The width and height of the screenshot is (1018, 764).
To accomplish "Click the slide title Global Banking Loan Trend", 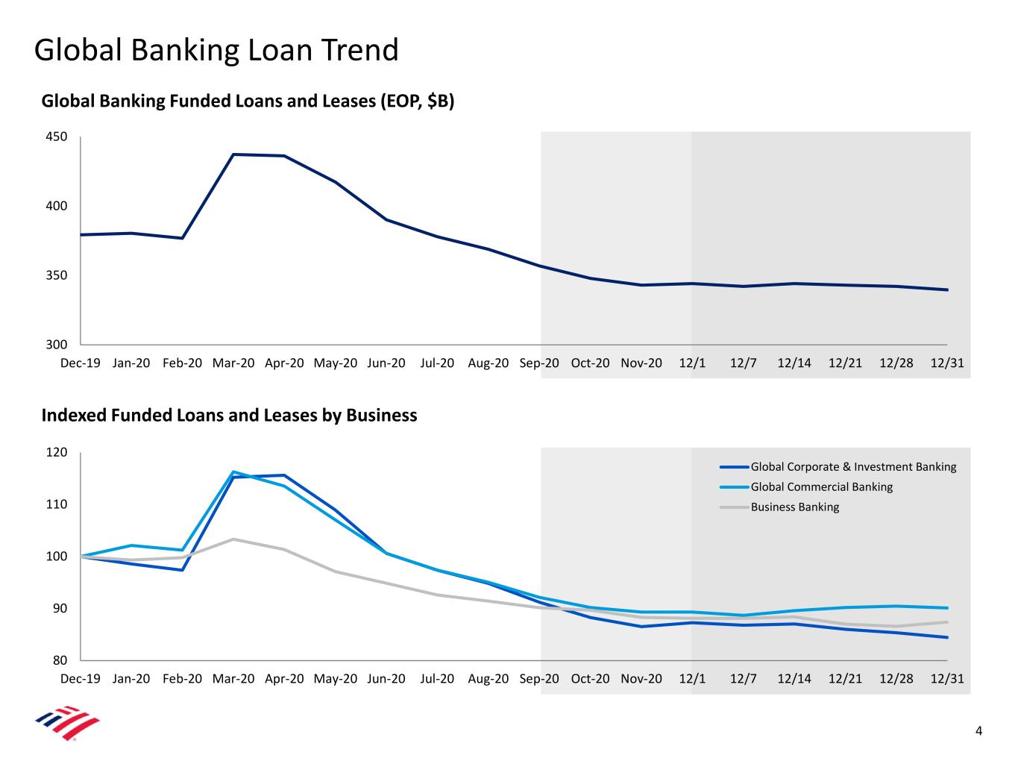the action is (216, 50).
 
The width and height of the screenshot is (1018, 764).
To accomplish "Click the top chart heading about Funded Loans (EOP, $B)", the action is (248, 101).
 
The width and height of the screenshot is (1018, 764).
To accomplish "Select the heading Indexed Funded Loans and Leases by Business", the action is (229, 415).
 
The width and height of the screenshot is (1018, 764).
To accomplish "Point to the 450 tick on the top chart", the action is (56, 137).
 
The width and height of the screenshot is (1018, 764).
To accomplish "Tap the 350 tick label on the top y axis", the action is (56, 275).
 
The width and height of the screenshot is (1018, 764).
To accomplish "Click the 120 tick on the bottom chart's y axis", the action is (56, 452).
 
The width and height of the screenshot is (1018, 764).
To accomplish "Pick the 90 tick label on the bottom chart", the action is (60, 608).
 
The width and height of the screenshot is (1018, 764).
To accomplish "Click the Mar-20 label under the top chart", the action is (233, 363).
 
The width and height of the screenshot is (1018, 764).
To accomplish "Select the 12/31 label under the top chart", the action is (947, 363).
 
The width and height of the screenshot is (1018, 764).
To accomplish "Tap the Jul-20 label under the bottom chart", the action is (437, 679).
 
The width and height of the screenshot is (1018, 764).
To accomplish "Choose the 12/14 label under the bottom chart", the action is (794, 679).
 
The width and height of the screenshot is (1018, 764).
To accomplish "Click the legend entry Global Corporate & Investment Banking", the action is (838, 466).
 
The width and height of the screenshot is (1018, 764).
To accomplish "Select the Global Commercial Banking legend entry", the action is (806, 487).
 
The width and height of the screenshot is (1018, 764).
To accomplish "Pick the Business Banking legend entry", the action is (779, 507).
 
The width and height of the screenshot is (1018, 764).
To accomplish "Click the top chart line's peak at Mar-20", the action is (233, 154).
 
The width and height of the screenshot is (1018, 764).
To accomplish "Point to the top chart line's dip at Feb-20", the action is (182, 238).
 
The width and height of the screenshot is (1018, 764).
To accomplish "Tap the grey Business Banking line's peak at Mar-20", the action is (233, 539).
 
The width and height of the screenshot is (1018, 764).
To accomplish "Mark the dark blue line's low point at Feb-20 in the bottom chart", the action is (182, 570).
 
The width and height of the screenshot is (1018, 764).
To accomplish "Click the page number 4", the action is (978, 731).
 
